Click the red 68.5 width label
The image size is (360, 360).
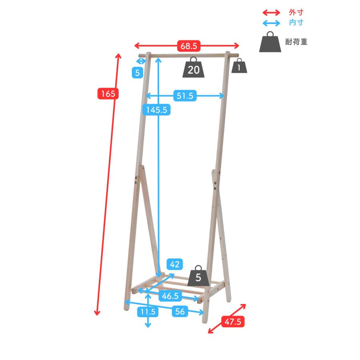(189, 46)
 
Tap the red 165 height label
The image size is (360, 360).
(108, 94)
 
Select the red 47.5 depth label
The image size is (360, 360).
(233, 322)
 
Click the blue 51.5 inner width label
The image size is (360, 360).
(185, 96)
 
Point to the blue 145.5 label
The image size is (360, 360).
(156, 110)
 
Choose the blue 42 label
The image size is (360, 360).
(175, 264)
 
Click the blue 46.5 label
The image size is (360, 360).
(170, 296)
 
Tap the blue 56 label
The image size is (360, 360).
(180, 311)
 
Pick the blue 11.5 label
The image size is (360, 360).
(148, 312)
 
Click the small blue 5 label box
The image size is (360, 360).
(138, 73)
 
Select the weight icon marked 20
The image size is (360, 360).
(194, 67)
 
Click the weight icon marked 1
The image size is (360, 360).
(239, 66)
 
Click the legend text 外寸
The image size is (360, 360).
(296, 12)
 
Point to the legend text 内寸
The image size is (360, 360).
(296, 22)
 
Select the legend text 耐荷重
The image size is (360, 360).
(296, 42)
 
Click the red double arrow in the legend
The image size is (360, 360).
(271, 12)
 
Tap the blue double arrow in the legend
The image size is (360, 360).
(271, 23)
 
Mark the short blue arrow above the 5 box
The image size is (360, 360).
(141, 61)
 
